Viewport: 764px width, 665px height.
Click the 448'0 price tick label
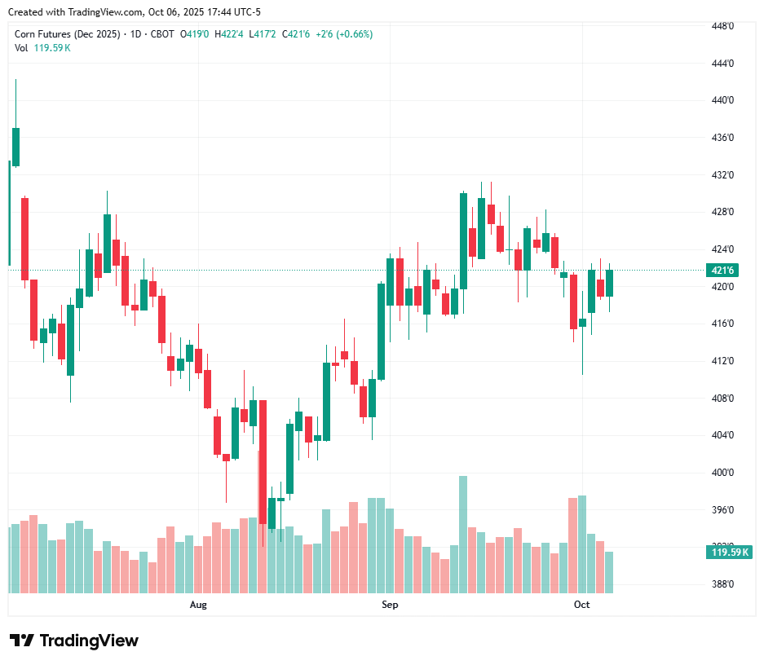click(x=722, y=26)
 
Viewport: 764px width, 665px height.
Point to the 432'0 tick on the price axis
click(x=722, y=175)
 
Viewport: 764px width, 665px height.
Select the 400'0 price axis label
click(x=722, y=473)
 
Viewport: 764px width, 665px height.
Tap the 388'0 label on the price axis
click(x=722, y=584)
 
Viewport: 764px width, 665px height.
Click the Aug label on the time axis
click(x=198, y=605)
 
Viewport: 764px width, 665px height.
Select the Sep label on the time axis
click(x=390, y=605)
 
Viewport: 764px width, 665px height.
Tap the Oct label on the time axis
click(x=581, y=605)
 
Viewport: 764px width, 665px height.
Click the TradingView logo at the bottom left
click(x=73, y=641)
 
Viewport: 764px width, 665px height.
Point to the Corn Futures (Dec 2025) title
click(x=68, y=34)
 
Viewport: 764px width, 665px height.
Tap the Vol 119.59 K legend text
click(x=43, y=48)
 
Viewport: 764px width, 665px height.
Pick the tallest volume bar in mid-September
click(x=463, y=534)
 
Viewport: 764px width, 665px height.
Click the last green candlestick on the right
click(x=609, y=283)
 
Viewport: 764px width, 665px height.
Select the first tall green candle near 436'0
click(x=15, y=147)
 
